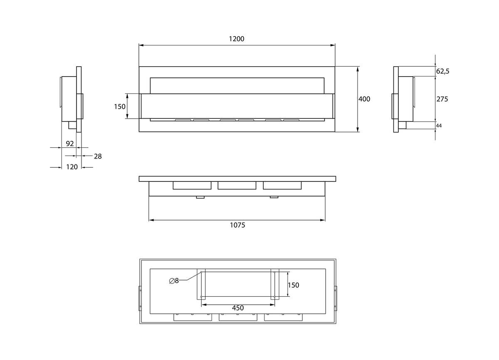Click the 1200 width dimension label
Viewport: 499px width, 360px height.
click(x=237, y=39)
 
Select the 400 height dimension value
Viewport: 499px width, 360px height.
click(x=364, y=99)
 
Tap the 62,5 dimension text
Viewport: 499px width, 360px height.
click(x=442, y=71)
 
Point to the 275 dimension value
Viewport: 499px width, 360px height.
click(x=442, y=99)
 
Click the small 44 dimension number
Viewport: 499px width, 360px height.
click(x=439, y=126)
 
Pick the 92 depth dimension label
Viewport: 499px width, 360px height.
click(x=70, y=144)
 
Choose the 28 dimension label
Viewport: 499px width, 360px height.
click(x=98, y=156)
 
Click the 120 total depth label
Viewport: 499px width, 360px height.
click(x=72, y=167)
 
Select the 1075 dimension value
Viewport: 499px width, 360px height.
click(x=237, y=225)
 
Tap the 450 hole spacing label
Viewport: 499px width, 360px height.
click(x=238, y=308)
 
